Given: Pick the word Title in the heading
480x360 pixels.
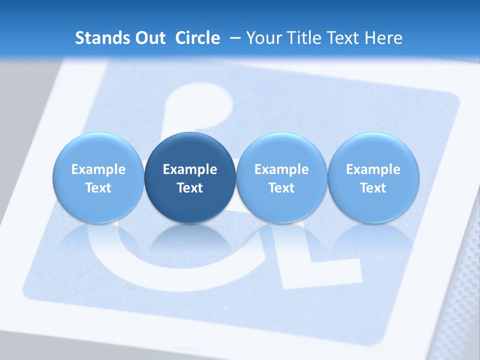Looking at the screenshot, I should (304, 38).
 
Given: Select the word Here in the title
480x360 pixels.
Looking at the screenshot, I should (384, 38).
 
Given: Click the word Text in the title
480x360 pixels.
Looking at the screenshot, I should (343, 38).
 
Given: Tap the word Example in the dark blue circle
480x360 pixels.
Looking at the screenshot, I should (190, 169).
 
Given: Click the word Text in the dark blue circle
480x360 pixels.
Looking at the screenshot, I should (190, 188).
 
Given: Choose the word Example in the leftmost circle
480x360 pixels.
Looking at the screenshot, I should (98, 169).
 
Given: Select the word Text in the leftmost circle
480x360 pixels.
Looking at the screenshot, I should (98, 188).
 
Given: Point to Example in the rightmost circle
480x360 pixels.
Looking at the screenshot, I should (373, 169).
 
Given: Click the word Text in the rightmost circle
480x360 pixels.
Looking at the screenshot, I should (373, 188).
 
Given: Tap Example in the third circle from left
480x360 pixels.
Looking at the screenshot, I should (281, 169).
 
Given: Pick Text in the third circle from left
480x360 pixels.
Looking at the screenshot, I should (281, 188).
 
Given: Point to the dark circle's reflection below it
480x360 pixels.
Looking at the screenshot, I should (190, 240).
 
